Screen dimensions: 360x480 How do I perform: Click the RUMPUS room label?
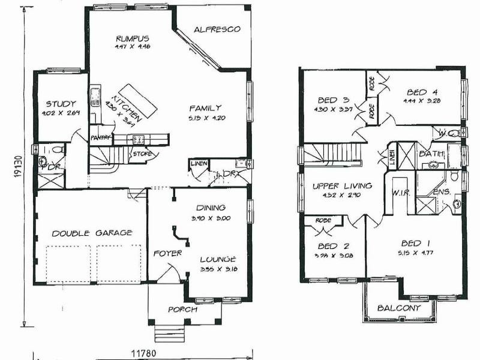click(133, 39)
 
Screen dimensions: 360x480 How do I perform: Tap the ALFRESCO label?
click(217, 29)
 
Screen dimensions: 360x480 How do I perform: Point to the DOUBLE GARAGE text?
click(91, 233)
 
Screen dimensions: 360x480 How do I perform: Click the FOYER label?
click(167, 253)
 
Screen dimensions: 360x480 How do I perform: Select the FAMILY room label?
click(206, 109)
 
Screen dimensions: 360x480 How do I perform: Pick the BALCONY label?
click(398, 308)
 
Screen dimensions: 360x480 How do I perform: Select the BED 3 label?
click(331, 101)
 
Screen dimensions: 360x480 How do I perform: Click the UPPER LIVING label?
click(343, 186)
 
